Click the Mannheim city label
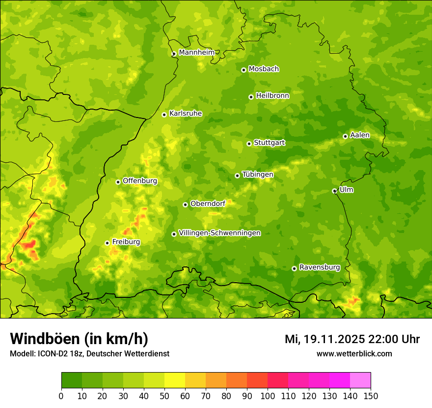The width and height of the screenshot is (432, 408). coord(197,53)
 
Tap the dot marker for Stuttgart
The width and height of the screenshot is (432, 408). coord(249,144)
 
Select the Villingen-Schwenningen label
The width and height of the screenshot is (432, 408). coord(220,233)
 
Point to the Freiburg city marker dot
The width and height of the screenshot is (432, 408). coord(107,243)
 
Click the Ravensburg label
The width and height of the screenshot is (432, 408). coord(320,267)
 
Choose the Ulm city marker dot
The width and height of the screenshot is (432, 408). coord(334,191)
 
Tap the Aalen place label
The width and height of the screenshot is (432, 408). coord(360,135)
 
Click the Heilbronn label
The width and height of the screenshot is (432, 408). coord(272,96)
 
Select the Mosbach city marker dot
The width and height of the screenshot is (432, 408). coord(243,70)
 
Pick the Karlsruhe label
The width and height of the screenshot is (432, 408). coord(186,114)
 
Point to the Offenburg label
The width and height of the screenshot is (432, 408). coord(140,181)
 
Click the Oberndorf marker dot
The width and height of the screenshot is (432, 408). coord(185,204)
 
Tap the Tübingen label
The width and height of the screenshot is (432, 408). coord(258,175)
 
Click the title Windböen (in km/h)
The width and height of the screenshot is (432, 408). coord(79,339)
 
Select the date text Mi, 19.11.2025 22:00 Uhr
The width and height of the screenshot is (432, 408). coord(352,339)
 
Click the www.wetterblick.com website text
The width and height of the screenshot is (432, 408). coord(354,353)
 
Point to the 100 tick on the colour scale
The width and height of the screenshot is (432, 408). coord(268,396)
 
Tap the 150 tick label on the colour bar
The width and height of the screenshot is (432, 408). coord(371,396)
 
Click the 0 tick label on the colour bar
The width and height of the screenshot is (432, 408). coord(61,396)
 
